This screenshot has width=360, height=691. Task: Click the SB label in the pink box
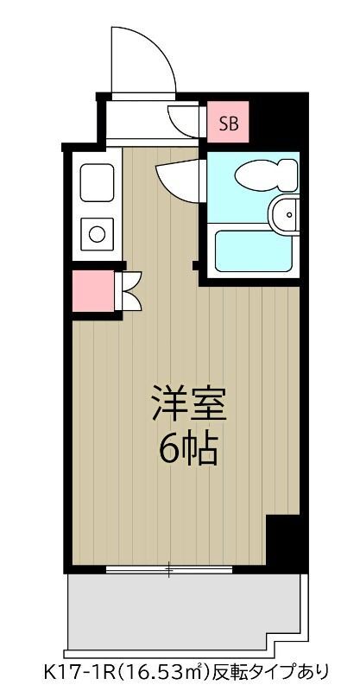(228, 124)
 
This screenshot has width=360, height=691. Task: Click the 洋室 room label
(188, 403)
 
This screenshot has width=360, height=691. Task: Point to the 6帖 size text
(188, 447)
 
